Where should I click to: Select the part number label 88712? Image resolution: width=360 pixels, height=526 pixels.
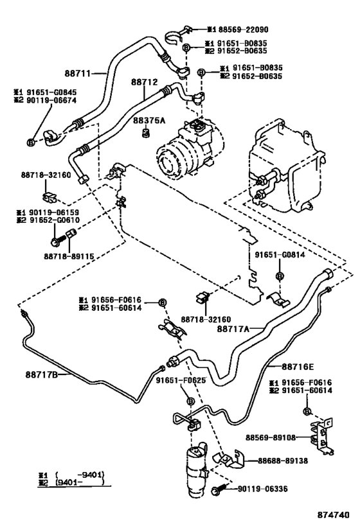[x=145, y=83]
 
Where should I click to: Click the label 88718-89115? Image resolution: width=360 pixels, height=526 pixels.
[x=69, y=256]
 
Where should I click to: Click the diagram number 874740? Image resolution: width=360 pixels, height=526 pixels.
[x=334, y=515]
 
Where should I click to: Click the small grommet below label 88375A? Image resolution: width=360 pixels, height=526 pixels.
[x=146, y=134]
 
